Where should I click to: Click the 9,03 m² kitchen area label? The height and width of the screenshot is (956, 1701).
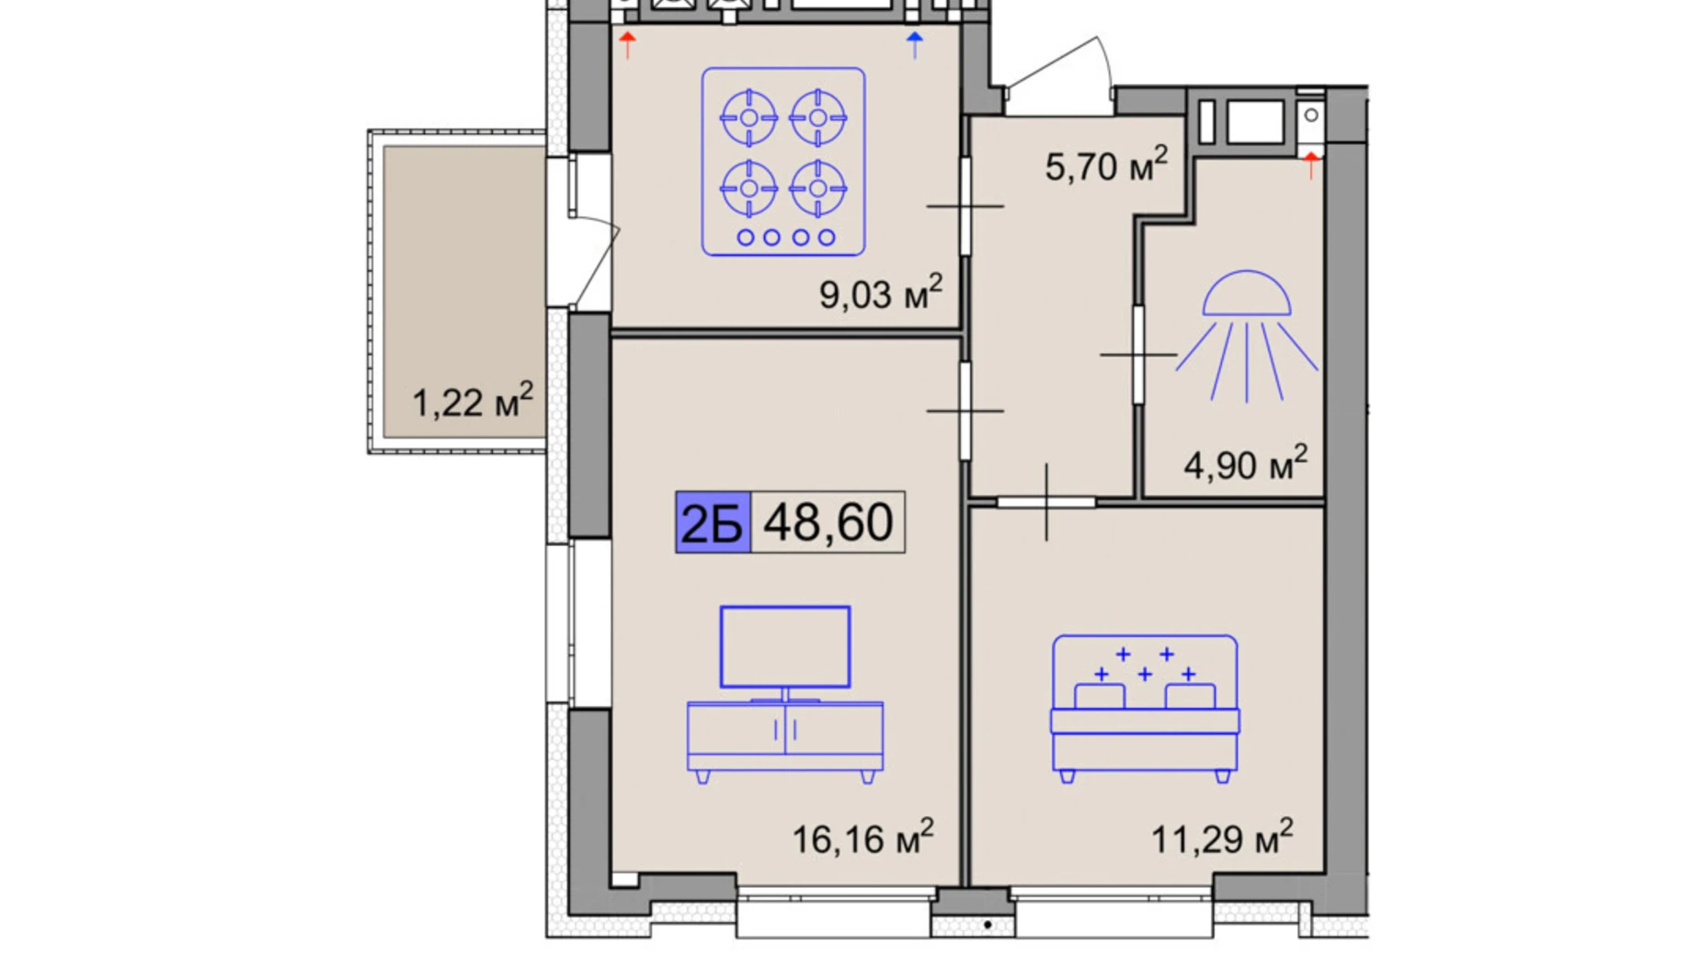[880, 292]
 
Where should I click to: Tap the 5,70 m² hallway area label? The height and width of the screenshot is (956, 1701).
[1106, 165]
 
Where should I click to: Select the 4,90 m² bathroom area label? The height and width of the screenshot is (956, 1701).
[1245, 463]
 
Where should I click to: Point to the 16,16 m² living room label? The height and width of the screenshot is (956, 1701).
[862, 836]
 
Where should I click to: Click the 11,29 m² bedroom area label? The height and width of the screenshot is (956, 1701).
[1222, 836]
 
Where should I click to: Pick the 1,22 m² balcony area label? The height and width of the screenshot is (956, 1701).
[472, 401]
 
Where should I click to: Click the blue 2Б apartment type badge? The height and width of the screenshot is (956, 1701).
[713, 522]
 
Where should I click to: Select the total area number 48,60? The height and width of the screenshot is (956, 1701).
[828, 522]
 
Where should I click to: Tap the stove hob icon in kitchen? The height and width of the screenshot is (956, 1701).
[783, 161]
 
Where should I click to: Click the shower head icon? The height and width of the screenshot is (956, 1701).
[1247, 336]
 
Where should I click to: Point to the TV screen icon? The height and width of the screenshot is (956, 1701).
[785, 647]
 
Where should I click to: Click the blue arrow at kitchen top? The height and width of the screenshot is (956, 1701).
[914, 44]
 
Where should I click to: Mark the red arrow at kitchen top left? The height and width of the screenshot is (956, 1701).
[627, 44]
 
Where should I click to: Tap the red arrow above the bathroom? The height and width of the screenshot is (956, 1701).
[1311, 165]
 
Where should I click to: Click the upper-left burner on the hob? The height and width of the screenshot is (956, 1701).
[748, 118]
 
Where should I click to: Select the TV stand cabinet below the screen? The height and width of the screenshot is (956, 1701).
[785, 741]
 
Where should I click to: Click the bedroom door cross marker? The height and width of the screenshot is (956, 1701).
[1046, 502]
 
